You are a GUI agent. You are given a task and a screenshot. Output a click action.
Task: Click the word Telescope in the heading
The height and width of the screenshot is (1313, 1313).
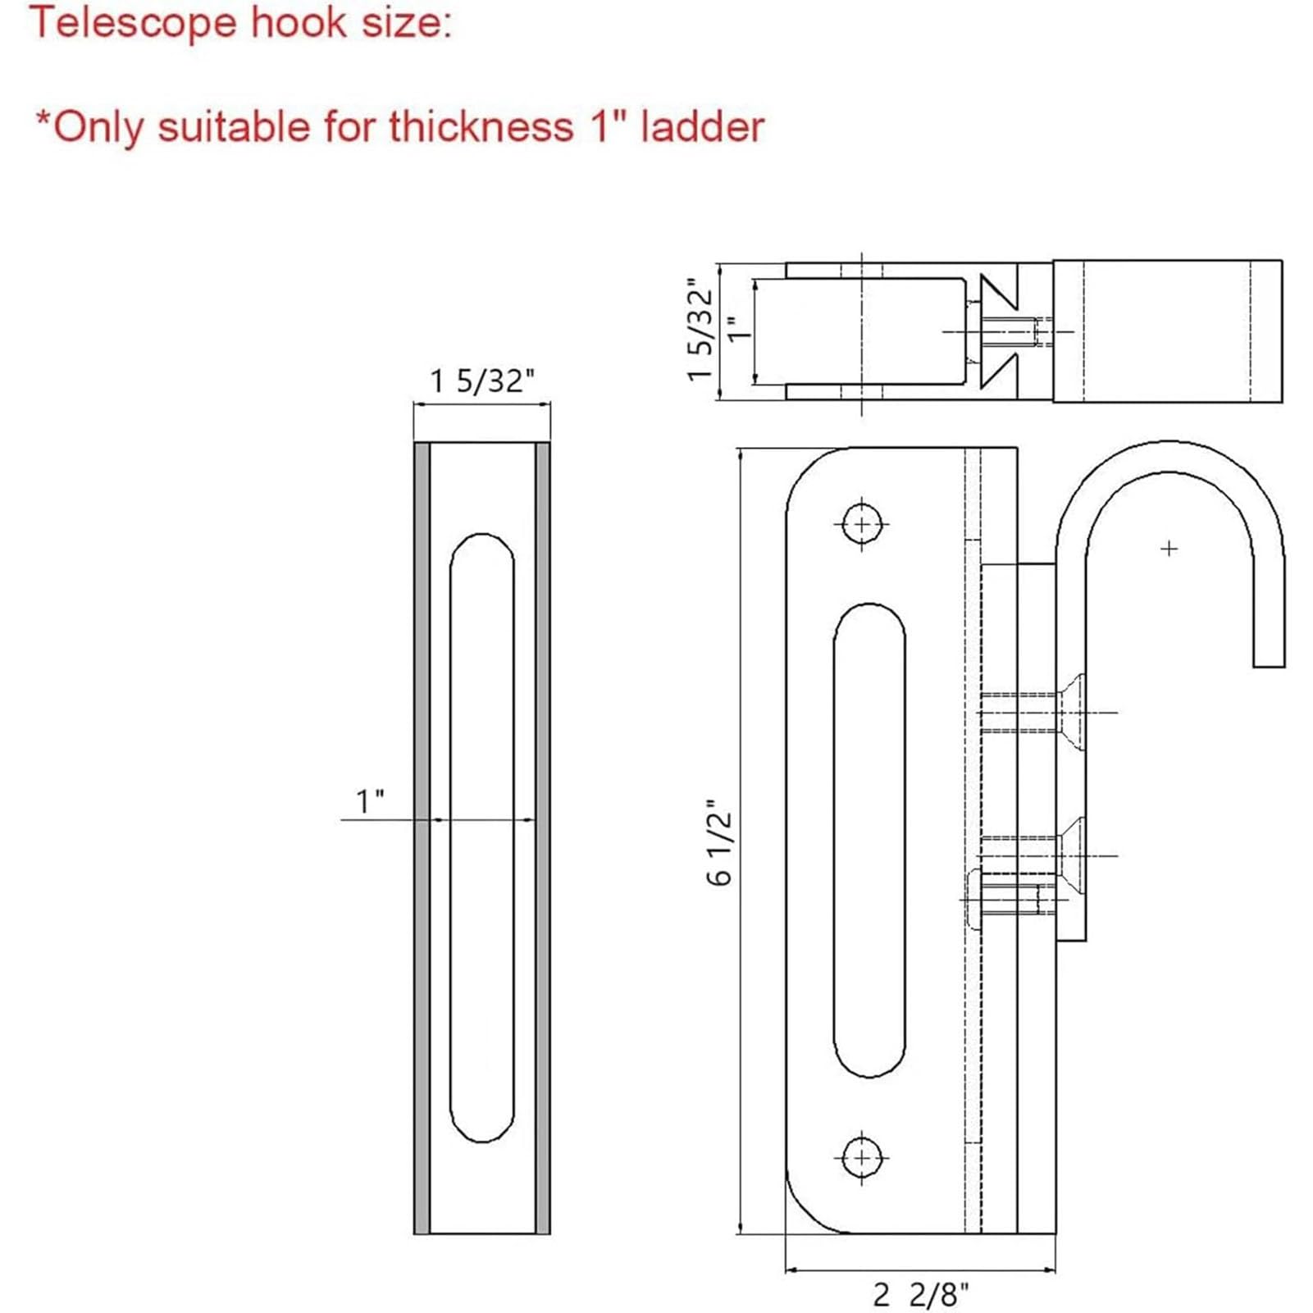131,23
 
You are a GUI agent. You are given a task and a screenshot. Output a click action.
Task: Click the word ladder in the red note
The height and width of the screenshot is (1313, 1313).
702,127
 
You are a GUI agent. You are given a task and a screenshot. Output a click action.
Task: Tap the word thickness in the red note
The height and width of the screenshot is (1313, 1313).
481,127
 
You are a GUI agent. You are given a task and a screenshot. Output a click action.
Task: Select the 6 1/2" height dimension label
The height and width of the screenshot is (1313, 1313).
719,842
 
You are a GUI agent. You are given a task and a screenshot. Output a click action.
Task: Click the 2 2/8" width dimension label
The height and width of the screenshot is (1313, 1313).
920,1294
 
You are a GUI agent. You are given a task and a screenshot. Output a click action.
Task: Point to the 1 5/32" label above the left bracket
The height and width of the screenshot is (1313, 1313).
481,381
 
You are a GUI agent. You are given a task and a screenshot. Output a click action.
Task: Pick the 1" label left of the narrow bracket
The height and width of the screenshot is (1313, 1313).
370,801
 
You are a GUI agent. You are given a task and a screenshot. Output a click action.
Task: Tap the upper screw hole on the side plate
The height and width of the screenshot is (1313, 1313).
862,523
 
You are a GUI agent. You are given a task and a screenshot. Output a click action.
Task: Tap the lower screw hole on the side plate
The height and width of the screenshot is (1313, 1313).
862,1157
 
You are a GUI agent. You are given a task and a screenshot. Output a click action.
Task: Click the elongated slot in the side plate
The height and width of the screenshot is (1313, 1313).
869,841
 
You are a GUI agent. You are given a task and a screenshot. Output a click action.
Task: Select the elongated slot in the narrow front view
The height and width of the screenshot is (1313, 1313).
482,837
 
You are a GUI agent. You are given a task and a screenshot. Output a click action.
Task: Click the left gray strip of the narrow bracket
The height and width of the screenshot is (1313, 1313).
422,837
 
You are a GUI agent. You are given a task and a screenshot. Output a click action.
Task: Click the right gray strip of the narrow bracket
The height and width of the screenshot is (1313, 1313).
542,837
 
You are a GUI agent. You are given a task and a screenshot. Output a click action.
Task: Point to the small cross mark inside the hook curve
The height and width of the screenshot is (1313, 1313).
1169,548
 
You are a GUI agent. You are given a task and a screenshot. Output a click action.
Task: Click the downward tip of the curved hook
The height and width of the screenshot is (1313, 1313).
1269,656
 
